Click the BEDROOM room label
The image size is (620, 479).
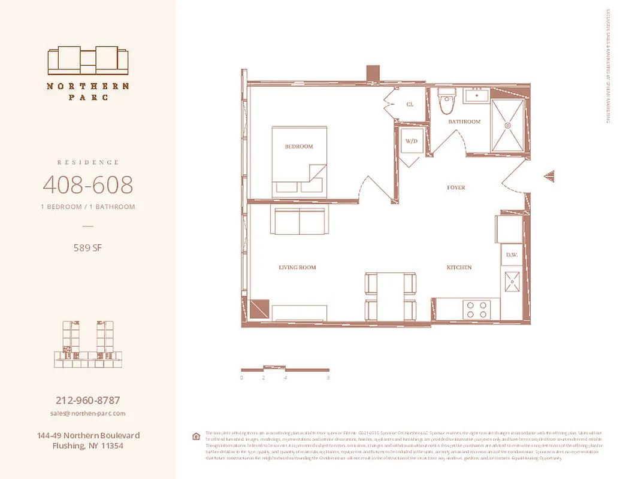coord(298,147)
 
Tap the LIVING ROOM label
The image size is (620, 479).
coord(297,268)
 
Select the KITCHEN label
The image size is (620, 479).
coord(459,268)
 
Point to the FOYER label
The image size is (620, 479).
coord(456,188)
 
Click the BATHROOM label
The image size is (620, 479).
coord(464,122)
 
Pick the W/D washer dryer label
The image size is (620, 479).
coord(411,141)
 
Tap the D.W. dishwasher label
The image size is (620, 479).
coord(512,255)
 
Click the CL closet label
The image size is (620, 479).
coord(410,104)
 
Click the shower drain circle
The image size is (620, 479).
coord(507,126)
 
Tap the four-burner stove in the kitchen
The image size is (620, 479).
coord(477,309)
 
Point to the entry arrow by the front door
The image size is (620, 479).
coord(549,176)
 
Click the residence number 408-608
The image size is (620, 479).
coord(88,185)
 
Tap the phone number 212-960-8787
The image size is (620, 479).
coord(88,401)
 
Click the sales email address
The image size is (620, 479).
coord(88,414)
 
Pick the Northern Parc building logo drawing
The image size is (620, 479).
coord(88,60)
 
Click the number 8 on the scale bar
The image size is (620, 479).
coord(329,378)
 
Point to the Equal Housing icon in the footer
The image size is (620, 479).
coord(195,436)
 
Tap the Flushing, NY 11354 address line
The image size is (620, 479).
coord(88,446)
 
